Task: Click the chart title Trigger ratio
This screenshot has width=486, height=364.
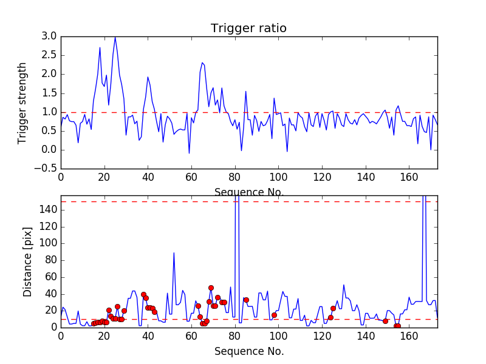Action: click(248, 29)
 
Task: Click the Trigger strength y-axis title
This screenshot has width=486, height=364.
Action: click(23, 103)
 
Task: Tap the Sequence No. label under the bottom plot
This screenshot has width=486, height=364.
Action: click(249, 351)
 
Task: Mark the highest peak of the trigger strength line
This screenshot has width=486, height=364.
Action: click(115, 37)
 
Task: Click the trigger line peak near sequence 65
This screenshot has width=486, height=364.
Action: click(202, 62)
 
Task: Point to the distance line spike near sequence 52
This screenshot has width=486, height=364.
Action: click(174, 252)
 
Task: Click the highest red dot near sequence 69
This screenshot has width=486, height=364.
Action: click(211, 288)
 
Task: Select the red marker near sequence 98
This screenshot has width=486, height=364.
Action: click(274, 315)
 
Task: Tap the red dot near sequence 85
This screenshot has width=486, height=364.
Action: click(246, 300)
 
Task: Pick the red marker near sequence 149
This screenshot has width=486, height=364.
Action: click(385, 321)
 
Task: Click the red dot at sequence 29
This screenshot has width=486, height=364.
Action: click(124, 311)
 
